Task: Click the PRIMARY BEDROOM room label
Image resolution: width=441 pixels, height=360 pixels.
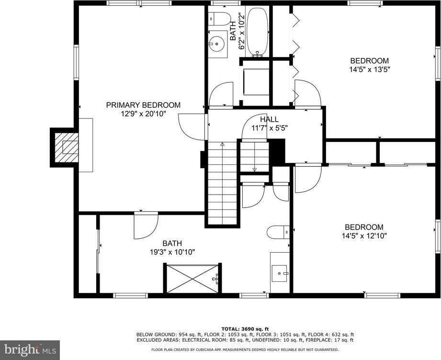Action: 143,105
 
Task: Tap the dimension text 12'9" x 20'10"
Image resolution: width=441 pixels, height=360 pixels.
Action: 143,114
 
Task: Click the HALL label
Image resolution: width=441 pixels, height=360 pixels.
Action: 270,119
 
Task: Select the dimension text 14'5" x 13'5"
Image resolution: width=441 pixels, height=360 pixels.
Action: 369,69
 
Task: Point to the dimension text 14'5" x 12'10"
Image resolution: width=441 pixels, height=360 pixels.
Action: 364,235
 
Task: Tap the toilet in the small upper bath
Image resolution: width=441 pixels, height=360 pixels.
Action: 219,19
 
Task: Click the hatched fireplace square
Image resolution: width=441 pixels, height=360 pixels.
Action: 64,147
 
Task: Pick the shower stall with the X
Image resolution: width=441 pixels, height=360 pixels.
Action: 192,278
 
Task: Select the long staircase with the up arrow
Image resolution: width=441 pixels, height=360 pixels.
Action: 222,182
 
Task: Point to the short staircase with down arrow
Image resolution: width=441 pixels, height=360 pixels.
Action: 254,156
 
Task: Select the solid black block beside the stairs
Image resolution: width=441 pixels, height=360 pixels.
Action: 277,151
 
